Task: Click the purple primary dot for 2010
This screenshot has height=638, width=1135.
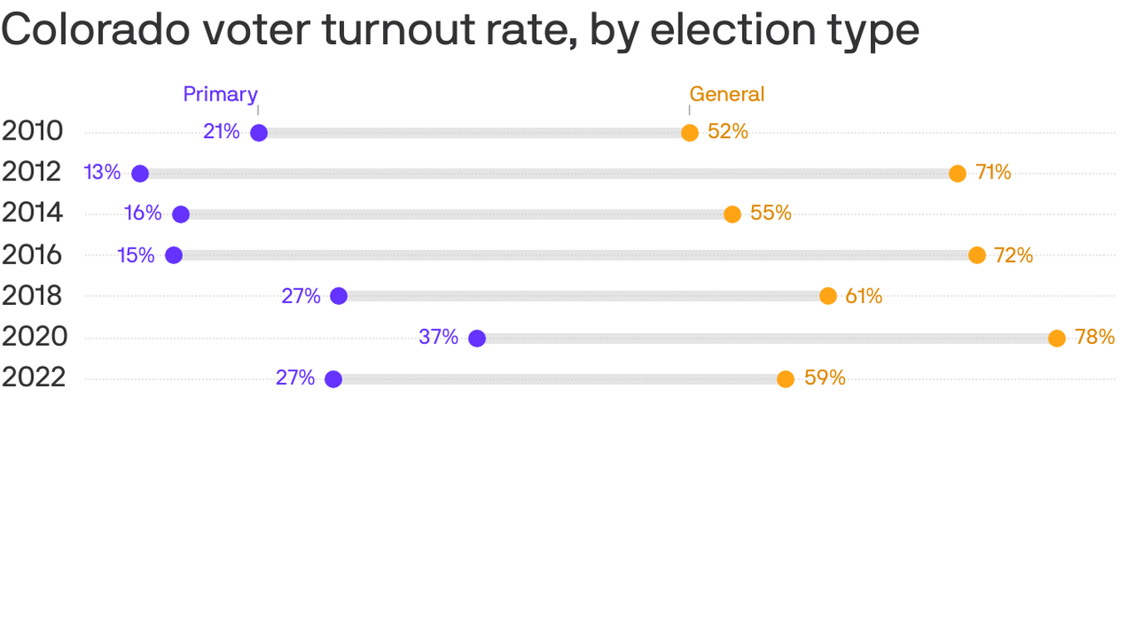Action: point(258,133)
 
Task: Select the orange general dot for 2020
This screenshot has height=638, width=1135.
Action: point(1056,338)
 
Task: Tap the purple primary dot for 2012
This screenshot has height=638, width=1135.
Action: point(140,174)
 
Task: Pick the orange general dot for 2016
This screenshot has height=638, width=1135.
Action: point(976,255)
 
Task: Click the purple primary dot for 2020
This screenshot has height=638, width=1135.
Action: point(476,338)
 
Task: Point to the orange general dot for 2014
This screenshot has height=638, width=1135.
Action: point(731,214)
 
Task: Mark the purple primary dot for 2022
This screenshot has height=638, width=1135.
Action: point(333,379)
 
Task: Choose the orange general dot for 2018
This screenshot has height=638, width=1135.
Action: point(828,296)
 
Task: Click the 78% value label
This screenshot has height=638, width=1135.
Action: point(1094,337)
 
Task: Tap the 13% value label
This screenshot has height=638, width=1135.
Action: point(102,173)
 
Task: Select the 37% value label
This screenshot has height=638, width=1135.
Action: point(438,337)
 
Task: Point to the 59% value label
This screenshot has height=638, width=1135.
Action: point(824,378)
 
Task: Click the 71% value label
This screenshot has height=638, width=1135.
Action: point(993,173)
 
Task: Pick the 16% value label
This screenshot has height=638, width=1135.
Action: point(143,213)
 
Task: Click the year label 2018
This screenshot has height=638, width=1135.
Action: point(32,296)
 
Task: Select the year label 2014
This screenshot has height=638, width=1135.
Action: point(32,213)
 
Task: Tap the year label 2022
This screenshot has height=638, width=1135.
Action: point(32,378)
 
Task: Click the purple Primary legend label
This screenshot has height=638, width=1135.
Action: point(220,95)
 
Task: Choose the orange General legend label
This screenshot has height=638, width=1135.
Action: point(726,95)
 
